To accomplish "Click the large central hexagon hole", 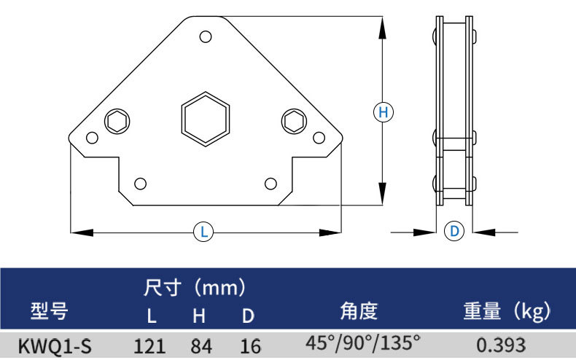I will coord(206,117).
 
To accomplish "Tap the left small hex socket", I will coord(117,121).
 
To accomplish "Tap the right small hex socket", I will coord(294,121).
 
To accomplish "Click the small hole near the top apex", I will coord(206,36).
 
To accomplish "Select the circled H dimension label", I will coord(383,112).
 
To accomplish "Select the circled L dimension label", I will coord(205,232).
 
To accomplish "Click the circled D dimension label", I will coord(454,232).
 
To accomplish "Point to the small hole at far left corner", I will coord(92,138).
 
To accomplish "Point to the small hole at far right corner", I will coord(318,138).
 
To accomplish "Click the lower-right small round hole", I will coord(271,182).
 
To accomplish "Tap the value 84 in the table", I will coord(201,345).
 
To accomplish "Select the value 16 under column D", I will coord(250,345).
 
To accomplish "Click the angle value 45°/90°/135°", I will coord(363,342).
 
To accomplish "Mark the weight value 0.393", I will coord(502,344).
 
